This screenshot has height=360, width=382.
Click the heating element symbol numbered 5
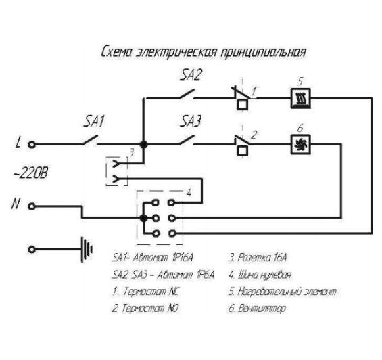tap(301, 98)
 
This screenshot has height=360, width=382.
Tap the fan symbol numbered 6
tap(301, 144)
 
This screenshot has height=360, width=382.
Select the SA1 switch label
tap(94, 121)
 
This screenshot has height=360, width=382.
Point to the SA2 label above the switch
tap(191, 75)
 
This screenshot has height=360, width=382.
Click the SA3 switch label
tap(191, 121)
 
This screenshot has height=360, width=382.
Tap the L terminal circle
tap(31, 145)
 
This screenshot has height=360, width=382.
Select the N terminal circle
tap(31, 206)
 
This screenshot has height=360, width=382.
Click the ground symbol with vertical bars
tap(87, 249)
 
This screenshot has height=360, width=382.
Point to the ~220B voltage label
tap(30, 173)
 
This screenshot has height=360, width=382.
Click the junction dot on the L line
tap(144, 145)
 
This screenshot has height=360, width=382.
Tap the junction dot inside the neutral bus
tap(144, 218)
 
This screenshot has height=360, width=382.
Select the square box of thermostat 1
tap(243, 105)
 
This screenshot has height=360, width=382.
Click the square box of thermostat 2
tap(243, 151)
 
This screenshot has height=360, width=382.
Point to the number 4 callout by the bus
tap(189, 193)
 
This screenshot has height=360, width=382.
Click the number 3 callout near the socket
tap(131, 152)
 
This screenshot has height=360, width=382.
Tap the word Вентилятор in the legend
tap(262, 309)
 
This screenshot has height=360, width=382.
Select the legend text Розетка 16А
tap(262, 258)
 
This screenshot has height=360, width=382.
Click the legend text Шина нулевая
tap(264, 275)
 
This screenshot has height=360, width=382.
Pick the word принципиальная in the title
tap(263, 52)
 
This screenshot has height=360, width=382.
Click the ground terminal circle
tap(31, 250)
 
